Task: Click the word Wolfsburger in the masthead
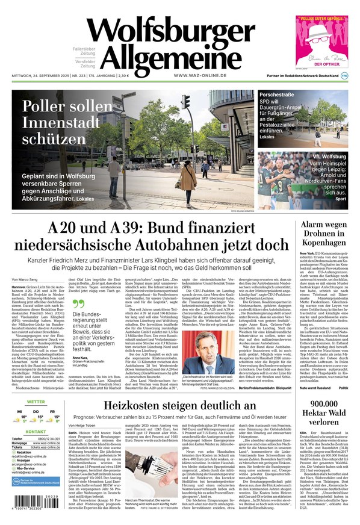tap(171, 30)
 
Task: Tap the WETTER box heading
tap(36, 402)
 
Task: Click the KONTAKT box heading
tap(36, 449)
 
